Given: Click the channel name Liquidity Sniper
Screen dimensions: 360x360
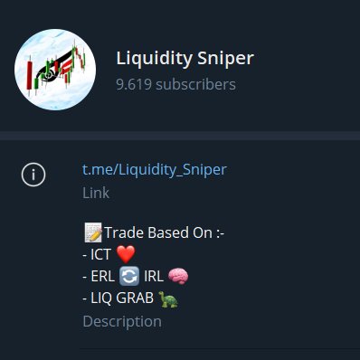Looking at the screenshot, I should click(185, 59).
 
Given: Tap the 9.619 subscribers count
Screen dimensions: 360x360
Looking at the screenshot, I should click(175, 84).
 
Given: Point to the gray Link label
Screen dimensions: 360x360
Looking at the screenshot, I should click(95, 193).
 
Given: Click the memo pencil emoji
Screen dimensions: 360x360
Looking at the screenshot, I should click(91, 234).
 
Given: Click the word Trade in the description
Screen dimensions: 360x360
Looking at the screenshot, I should click(124, 234).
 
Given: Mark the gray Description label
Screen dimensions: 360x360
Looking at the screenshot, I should click(122, 321).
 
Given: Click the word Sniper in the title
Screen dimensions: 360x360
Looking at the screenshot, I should click(226, 59).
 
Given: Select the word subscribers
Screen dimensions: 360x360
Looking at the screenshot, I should click(195, 84).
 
